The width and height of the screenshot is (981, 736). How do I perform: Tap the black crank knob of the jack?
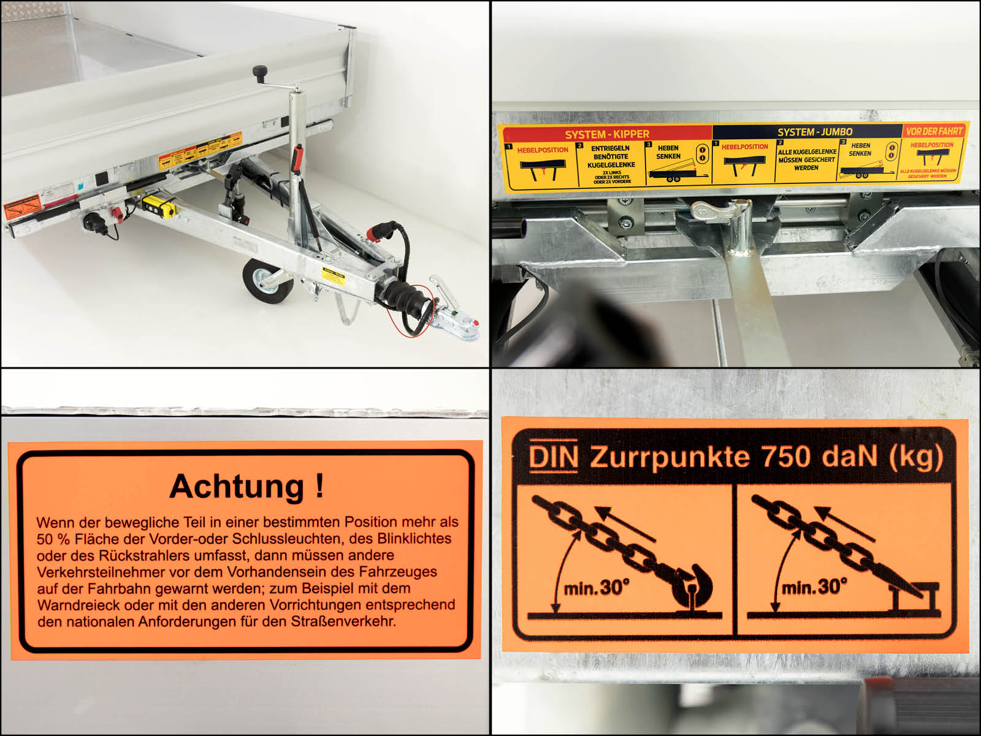pyautogui.click(x=260, y=73)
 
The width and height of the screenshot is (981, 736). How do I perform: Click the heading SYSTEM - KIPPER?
pyautogui.click(x=606, y=134)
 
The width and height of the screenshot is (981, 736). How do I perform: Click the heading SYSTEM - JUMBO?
pyautogui.click(x=814, y=132)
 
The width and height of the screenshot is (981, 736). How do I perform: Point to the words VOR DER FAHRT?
pyautogui.click(x=934, y=131)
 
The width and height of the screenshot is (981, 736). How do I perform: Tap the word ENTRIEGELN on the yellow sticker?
pyautogui.click(x=610, y=148)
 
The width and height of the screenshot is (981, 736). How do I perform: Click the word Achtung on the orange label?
pyautogui.click(x=237, y=486)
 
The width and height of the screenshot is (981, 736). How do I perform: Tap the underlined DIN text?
pyautogui.click(x=553, y=457)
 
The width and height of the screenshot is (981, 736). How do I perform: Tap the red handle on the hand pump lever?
pyautogui.click(x=299, y=158)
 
